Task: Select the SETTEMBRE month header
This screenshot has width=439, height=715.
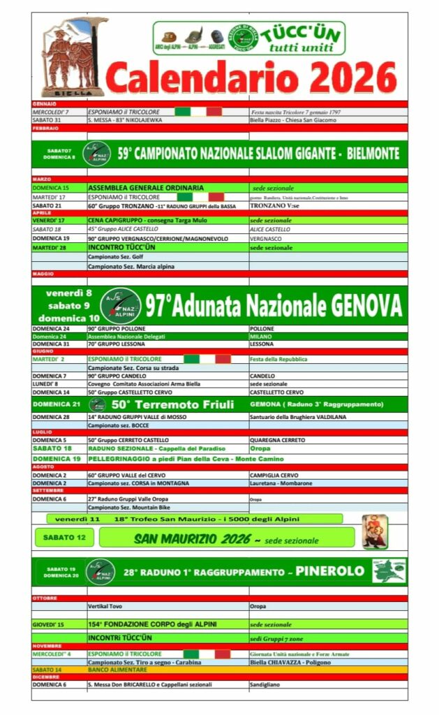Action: tap(49, 490)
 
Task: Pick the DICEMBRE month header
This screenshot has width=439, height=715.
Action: tap(46, 677)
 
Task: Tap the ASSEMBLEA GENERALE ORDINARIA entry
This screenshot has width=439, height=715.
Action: tap(146, 188)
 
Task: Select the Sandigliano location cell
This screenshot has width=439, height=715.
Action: tap(268, 685)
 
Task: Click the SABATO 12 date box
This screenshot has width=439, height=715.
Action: tap(64, 537)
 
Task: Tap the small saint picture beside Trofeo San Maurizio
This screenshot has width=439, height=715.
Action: tap(375, 532)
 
